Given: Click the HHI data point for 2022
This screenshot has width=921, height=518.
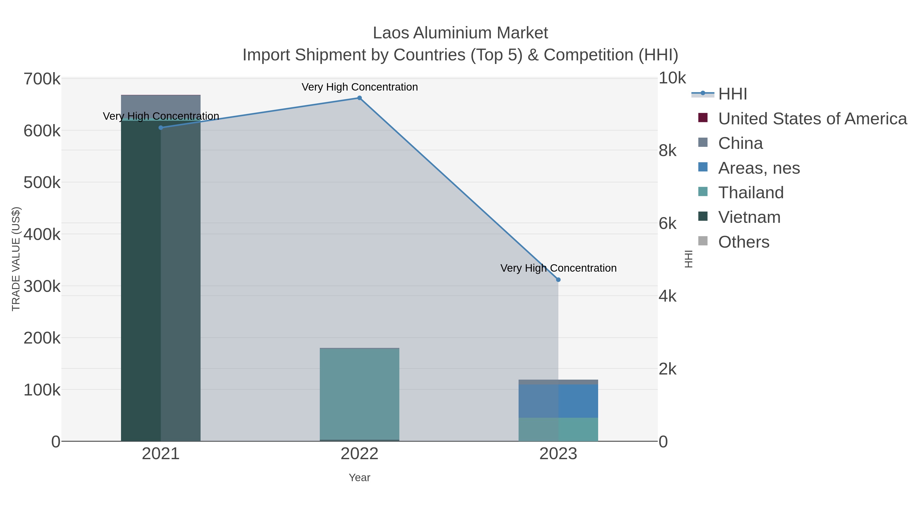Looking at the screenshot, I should coord(359,98).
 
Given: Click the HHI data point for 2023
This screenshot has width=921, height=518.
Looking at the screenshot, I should coord(558,280).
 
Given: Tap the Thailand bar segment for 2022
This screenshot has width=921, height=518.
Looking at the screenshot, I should coord(359,393).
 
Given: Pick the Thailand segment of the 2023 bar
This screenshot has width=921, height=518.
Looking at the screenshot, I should coord(558,429).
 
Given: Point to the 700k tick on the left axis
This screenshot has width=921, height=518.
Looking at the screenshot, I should coord(42,79).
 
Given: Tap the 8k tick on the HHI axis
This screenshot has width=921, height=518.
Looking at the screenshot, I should coord(667,150).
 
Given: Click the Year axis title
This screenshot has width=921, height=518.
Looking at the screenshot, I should coord(359,478).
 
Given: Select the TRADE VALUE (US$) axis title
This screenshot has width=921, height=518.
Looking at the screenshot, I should coord(16,259).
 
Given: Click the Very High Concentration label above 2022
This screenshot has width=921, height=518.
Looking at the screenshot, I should coord(359,87).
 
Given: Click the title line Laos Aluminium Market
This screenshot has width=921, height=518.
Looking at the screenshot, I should coord(460,33).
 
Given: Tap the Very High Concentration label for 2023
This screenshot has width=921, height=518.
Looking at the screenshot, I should coord(558,268).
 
